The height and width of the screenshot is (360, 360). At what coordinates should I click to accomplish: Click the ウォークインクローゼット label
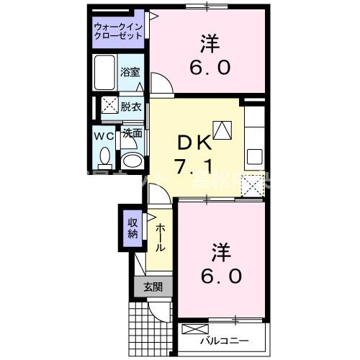118,32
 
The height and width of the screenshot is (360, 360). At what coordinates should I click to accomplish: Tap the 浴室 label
131,73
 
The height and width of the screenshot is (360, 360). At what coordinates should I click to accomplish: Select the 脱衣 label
130,106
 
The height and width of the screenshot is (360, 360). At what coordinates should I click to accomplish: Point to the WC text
104,135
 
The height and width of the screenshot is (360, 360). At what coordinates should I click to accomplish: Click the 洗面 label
130,133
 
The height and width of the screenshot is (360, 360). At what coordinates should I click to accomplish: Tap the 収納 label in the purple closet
132,228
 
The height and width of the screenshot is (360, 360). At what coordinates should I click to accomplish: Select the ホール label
159,236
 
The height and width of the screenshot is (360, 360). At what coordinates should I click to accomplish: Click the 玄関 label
153,287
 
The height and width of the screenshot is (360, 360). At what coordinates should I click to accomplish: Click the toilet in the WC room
104,156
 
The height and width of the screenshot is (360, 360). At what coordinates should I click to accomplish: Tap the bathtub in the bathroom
106,72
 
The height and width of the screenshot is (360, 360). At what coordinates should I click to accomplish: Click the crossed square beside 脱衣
108,105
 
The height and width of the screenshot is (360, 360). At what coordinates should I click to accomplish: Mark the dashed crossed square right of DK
253,185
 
